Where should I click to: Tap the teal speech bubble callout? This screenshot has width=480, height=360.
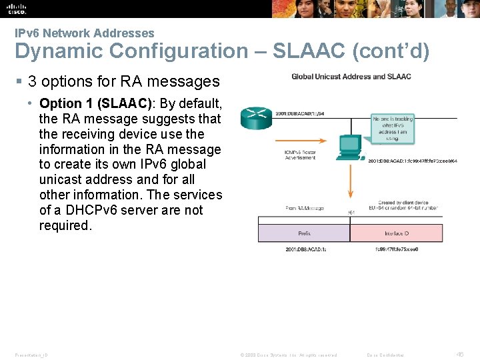click(x=393, y=128)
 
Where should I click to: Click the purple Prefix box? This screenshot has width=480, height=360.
click(x=303, y=233)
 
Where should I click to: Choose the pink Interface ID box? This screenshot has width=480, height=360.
click(x=396, y=233)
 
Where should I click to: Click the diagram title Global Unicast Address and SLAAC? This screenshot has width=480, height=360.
click(x=351, y=77)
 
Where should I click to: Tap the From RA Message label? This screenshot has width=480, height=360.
click(x=304, y=209)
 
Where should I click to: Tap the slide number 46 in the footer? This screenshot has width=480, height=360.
click(x=459, y=355)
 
